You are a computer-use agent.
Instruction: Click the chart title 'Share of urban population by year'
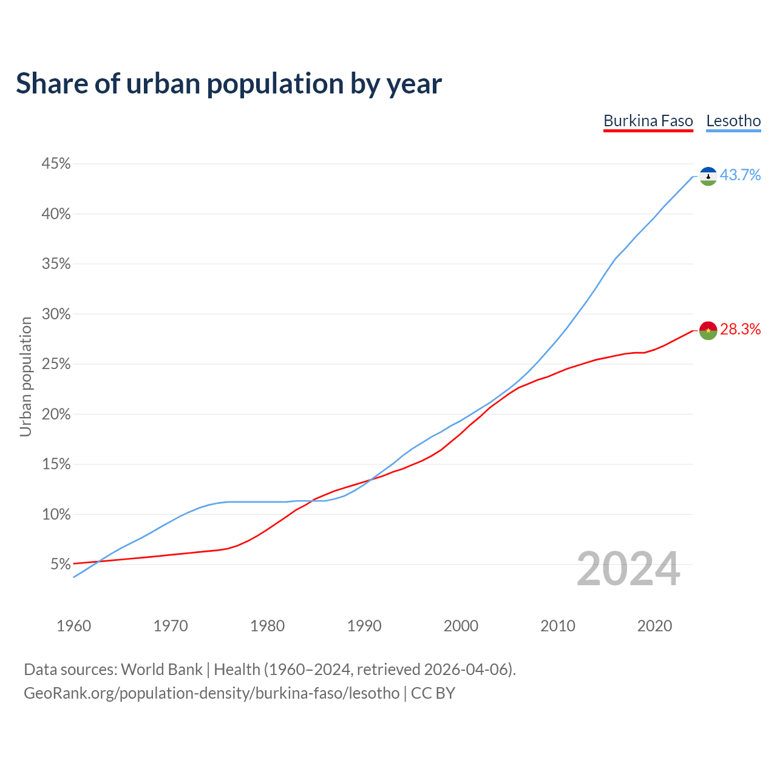(229, 84)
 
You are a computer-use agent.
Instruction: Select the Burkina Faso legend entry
(648, 121)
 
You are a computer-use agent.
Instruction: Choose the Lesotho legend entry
(733, 121)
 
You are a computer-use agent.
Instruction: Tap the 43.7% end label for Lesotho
(740, 175)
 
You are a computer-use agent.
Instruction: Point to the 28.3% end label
(740, 330)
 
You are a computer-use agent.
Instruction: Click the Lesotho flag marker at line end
(708, 176)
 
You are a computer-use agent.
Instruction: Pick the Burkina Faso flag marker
(708, 330)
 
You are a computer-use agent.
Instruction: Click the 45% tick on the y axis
(56, 164)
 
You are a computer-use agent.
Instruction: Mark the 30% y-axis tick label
(56, 314)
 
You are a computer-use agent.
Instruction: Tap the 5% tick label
(61, 565)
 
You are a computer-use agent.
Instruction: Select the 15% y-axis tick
(56, 464)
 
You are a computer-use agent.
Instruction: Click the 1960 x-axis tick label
(73, 626)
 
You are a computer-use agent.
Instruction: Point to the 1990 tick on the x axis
(364, 626)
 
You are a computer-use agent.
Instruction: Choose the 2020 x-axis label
(654, 626)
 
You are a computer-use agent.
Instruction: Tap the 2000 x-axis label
(461, 626)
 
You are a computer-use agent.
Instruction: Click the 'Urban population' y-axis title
(25, 376)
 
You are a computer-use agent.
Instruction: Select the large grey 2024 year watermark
(628, 569)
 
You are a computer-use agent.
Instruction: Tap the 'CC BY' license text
(433, 693)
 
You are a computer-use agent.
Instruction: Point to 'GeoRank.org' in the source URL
(69, 693)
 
